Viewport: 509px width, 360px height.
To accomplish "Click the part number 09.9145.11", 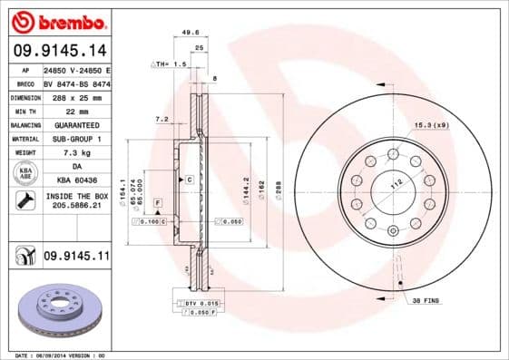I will [x=76, y=257].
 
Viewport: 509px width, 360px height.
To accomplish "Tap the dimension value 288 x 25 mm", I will [x=75, y=96].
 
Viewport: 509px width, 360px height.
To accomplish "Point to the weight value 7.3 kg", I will [x=75, y=153].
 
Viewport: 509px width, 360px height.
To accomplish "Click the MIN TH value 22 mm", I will [x=75, y=111].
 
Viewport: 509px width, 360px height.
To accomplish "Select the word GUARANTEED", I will [x=75, y=124].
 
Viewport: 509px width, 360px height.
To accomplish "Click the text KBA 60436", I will [x=75, y=182].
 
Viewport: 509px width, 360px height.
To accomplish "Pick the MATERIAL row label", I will [x=24, y=139].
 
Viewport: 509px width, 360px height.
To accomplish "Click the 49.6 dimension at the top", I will [x=191, y=32].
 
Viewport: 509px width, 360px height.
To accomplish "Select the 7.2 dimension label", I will [x=162, y=119].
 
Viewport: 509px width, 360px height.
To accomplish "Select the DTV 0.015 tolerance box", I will [x=202, y=303].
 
